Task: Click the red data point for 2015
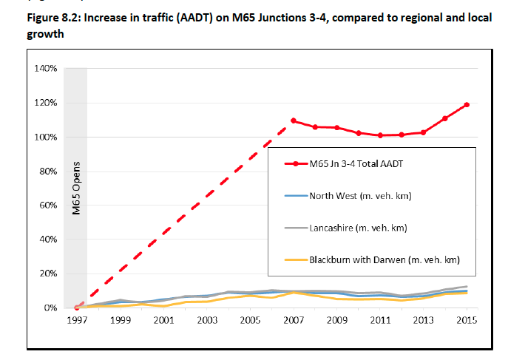[467, 105]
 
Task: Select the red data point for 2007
[294, 120]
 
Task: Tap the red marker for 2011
[380, 135]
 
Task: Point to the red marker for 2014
[445, 118]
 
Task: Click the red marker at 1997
[77, 308]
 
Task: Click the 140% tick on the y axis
[46, 69]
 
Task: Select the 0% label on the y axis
[50, 308]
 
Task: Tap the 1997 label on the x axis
[77, 322]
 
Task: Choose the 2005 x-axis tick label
[250, 322]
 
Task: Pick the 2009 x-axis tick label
[336, 322]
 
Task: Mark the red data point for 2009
[336, 127]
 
